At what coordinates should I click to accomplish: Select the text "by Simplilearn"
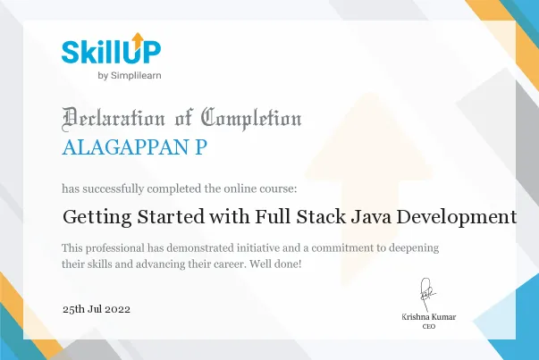tap(129, 75)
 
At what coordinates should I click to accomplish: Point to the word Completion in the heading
tap(251, 118)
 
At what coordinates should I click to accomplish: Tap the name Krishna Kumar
tap(428, 318)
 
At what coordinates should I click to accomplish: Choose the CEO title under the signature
tap(428, 328)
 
